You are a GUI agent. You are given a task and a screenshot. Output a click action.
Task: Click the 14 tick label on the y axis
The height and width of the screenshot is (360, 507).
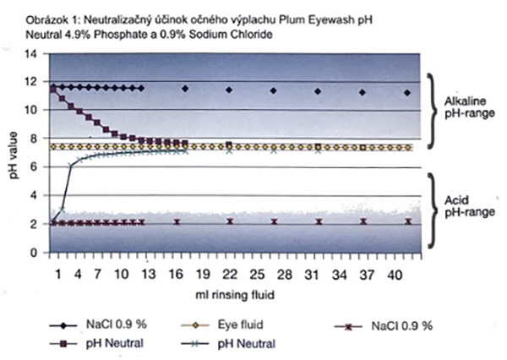tap(32, 53)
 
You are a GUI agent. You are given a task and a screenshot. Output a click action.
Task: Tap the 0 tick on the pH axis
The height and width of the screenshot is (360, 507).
tap(35, 253)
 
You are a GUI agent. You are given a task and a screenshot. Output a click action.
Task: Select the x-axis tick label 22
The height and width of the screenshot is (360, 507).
tap(229, 275)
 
